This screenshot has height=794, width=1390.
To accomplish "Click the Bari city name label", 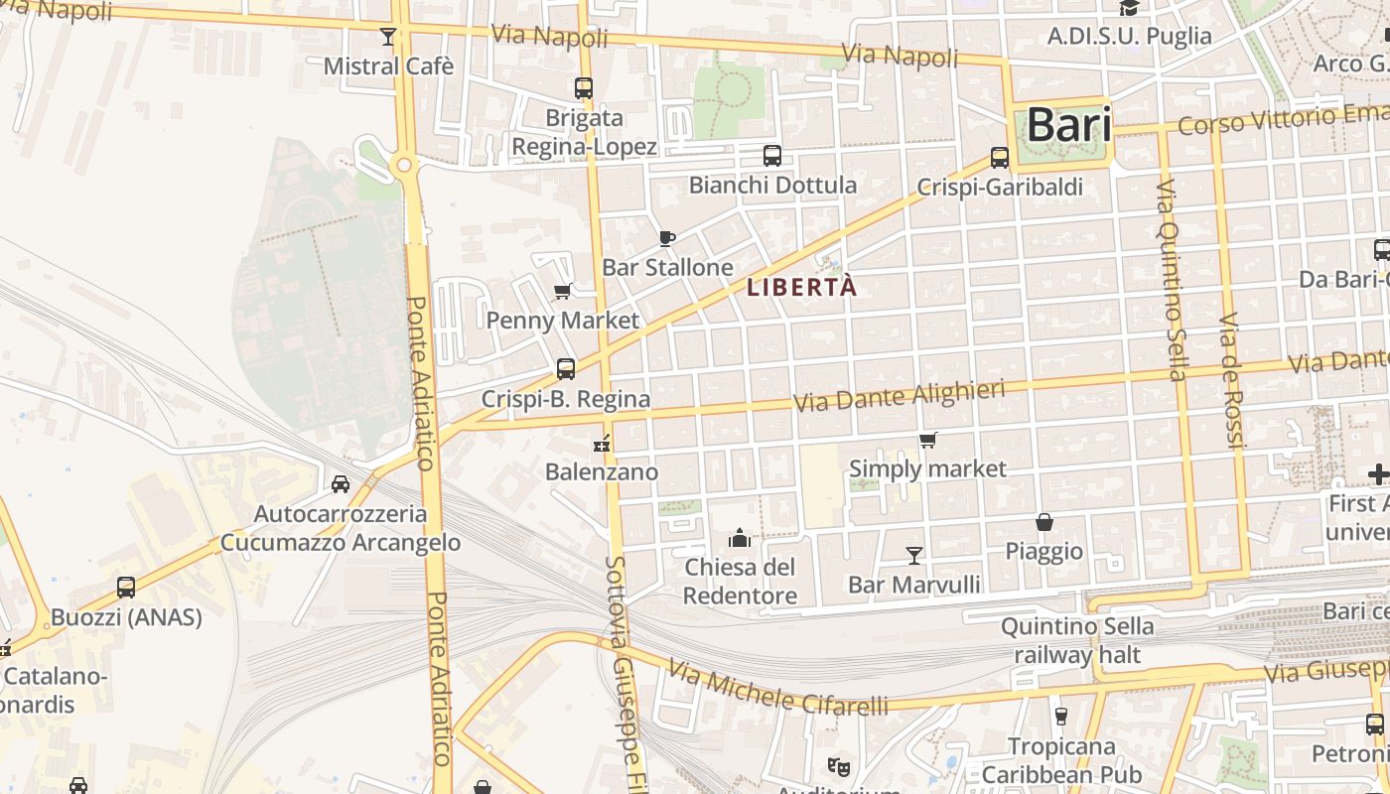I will [1068, 126].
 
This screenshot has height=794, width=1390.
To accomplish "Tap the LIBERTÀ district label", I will [801, 288].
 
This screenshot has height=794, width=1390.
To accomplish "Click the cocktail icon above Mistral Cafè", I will [388, 38].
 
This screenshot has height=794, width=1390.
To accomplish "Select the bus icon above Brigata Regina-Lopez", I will [584, 88].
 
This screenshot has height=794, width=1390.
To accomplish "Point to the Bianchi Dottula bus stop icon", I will [772, 156].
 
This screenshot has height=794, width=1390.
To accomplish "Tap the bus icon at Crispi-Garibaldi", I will [1000, 158].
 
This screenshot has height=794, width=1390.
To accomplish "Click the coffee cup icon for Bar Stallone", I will [667, 238].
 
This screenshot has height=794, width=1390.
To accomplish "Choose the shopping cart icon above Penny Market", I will [563, 292].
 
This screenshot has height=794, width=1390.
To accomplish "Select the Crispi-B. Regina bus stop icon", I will [566, 369].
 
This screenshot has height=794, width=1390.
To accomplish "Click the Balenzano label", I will [602, 471].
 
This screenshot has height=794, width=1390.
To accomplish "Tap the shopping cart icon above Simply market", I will [927, 440].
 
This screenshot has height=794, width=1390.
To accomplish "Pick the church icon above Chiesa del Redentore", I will [740, 538].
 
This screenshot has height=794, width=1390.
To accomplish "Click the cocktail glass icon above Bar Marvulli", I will [914, 555].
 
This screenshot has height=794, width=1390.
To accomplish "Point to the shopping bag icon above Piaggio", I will [1044, 522].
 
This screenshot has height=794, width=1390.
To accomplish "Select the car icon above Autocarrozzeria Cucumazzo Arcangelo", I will [341, 484].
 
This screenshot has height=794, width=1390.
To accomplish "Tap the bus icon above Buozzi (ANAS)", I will [126, 588].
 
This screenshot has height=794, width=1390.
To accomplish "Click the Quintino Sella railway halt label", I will [1077, 640].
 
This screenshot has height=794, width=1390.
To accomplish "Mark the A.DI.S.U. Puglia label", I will [1130, 36].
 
